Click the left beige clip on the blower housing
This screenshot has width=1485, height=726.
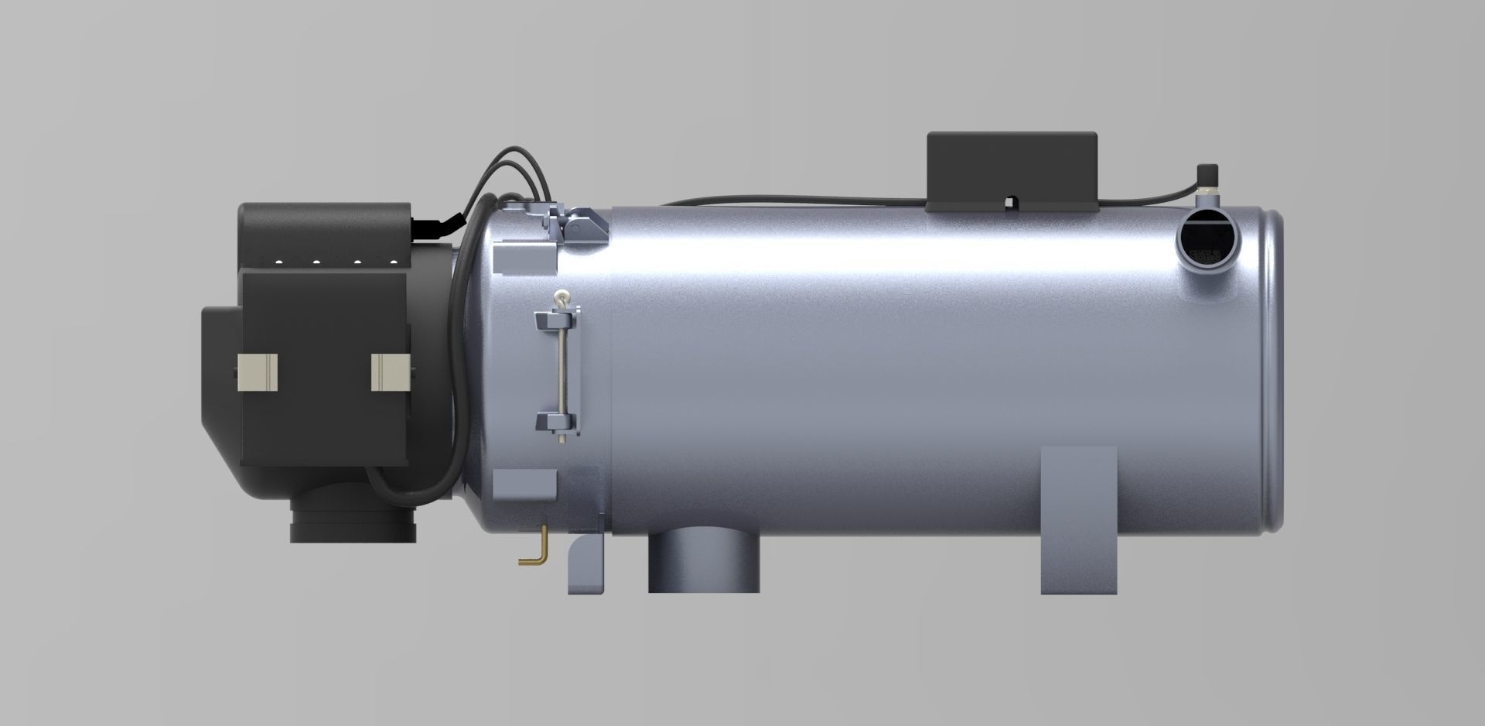(x=257, y=372)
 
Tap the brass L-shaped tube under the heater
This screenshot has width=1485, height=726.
(x=533, y=550)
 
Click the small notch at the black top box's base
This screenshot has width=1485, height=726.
(x=1011, y=203)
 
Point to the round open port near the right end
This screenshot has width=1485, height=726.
(x=1207, y=241)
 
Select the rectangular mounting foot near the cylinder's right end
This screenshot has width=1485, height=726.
(x=1078, y=520)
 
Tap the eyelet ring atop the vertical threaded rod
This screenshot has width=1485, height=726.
(x=560, y=296)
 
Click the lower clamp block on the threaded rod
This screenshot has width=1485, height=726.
(x=556, y=423)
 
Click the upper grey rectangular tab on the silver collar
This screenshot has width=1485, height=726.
(x=524, y=258)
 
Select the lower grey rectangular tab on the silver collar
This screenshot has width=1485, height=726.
(x=524, y=485)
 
